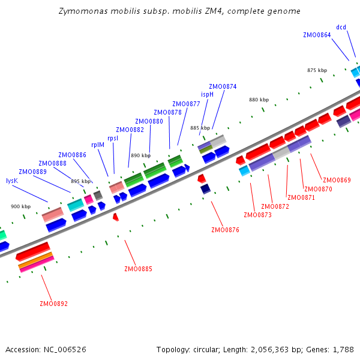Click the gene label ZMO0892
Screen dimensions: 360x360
pos(53,304)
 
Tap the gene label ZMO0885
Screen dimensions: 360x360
pos(138,269)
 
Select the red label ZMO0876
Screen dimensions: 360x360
pos(225,230)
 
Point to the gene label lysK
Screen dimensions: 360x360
pos(11,181)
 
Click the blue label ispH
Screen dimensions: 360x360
pos(207,94)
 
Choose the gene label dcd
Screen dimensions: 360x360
pos(341,27)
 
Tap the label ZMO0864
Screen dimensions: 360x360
pos(317,35)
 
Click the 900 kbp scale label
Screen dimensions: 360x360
pos(20,206)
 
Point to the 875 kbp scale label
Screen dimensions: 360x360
pos(317,70)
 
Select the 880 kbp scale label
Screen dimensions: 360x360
pos(259,100)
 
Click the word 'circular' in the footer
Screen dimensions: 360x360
pos(203,349)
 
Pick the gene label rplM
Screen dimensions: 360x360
pos(98,145)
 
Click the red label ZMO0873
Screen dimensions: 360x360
pos(257,215)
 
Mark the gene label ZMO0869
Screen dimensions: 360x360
pos(337,180)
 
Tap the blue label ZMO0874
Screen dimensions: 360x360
pos(223,86)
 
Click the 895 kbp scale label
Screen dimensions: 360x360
pos(80,181)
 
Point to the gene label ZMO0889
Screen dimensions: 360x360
pos(32,172)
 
